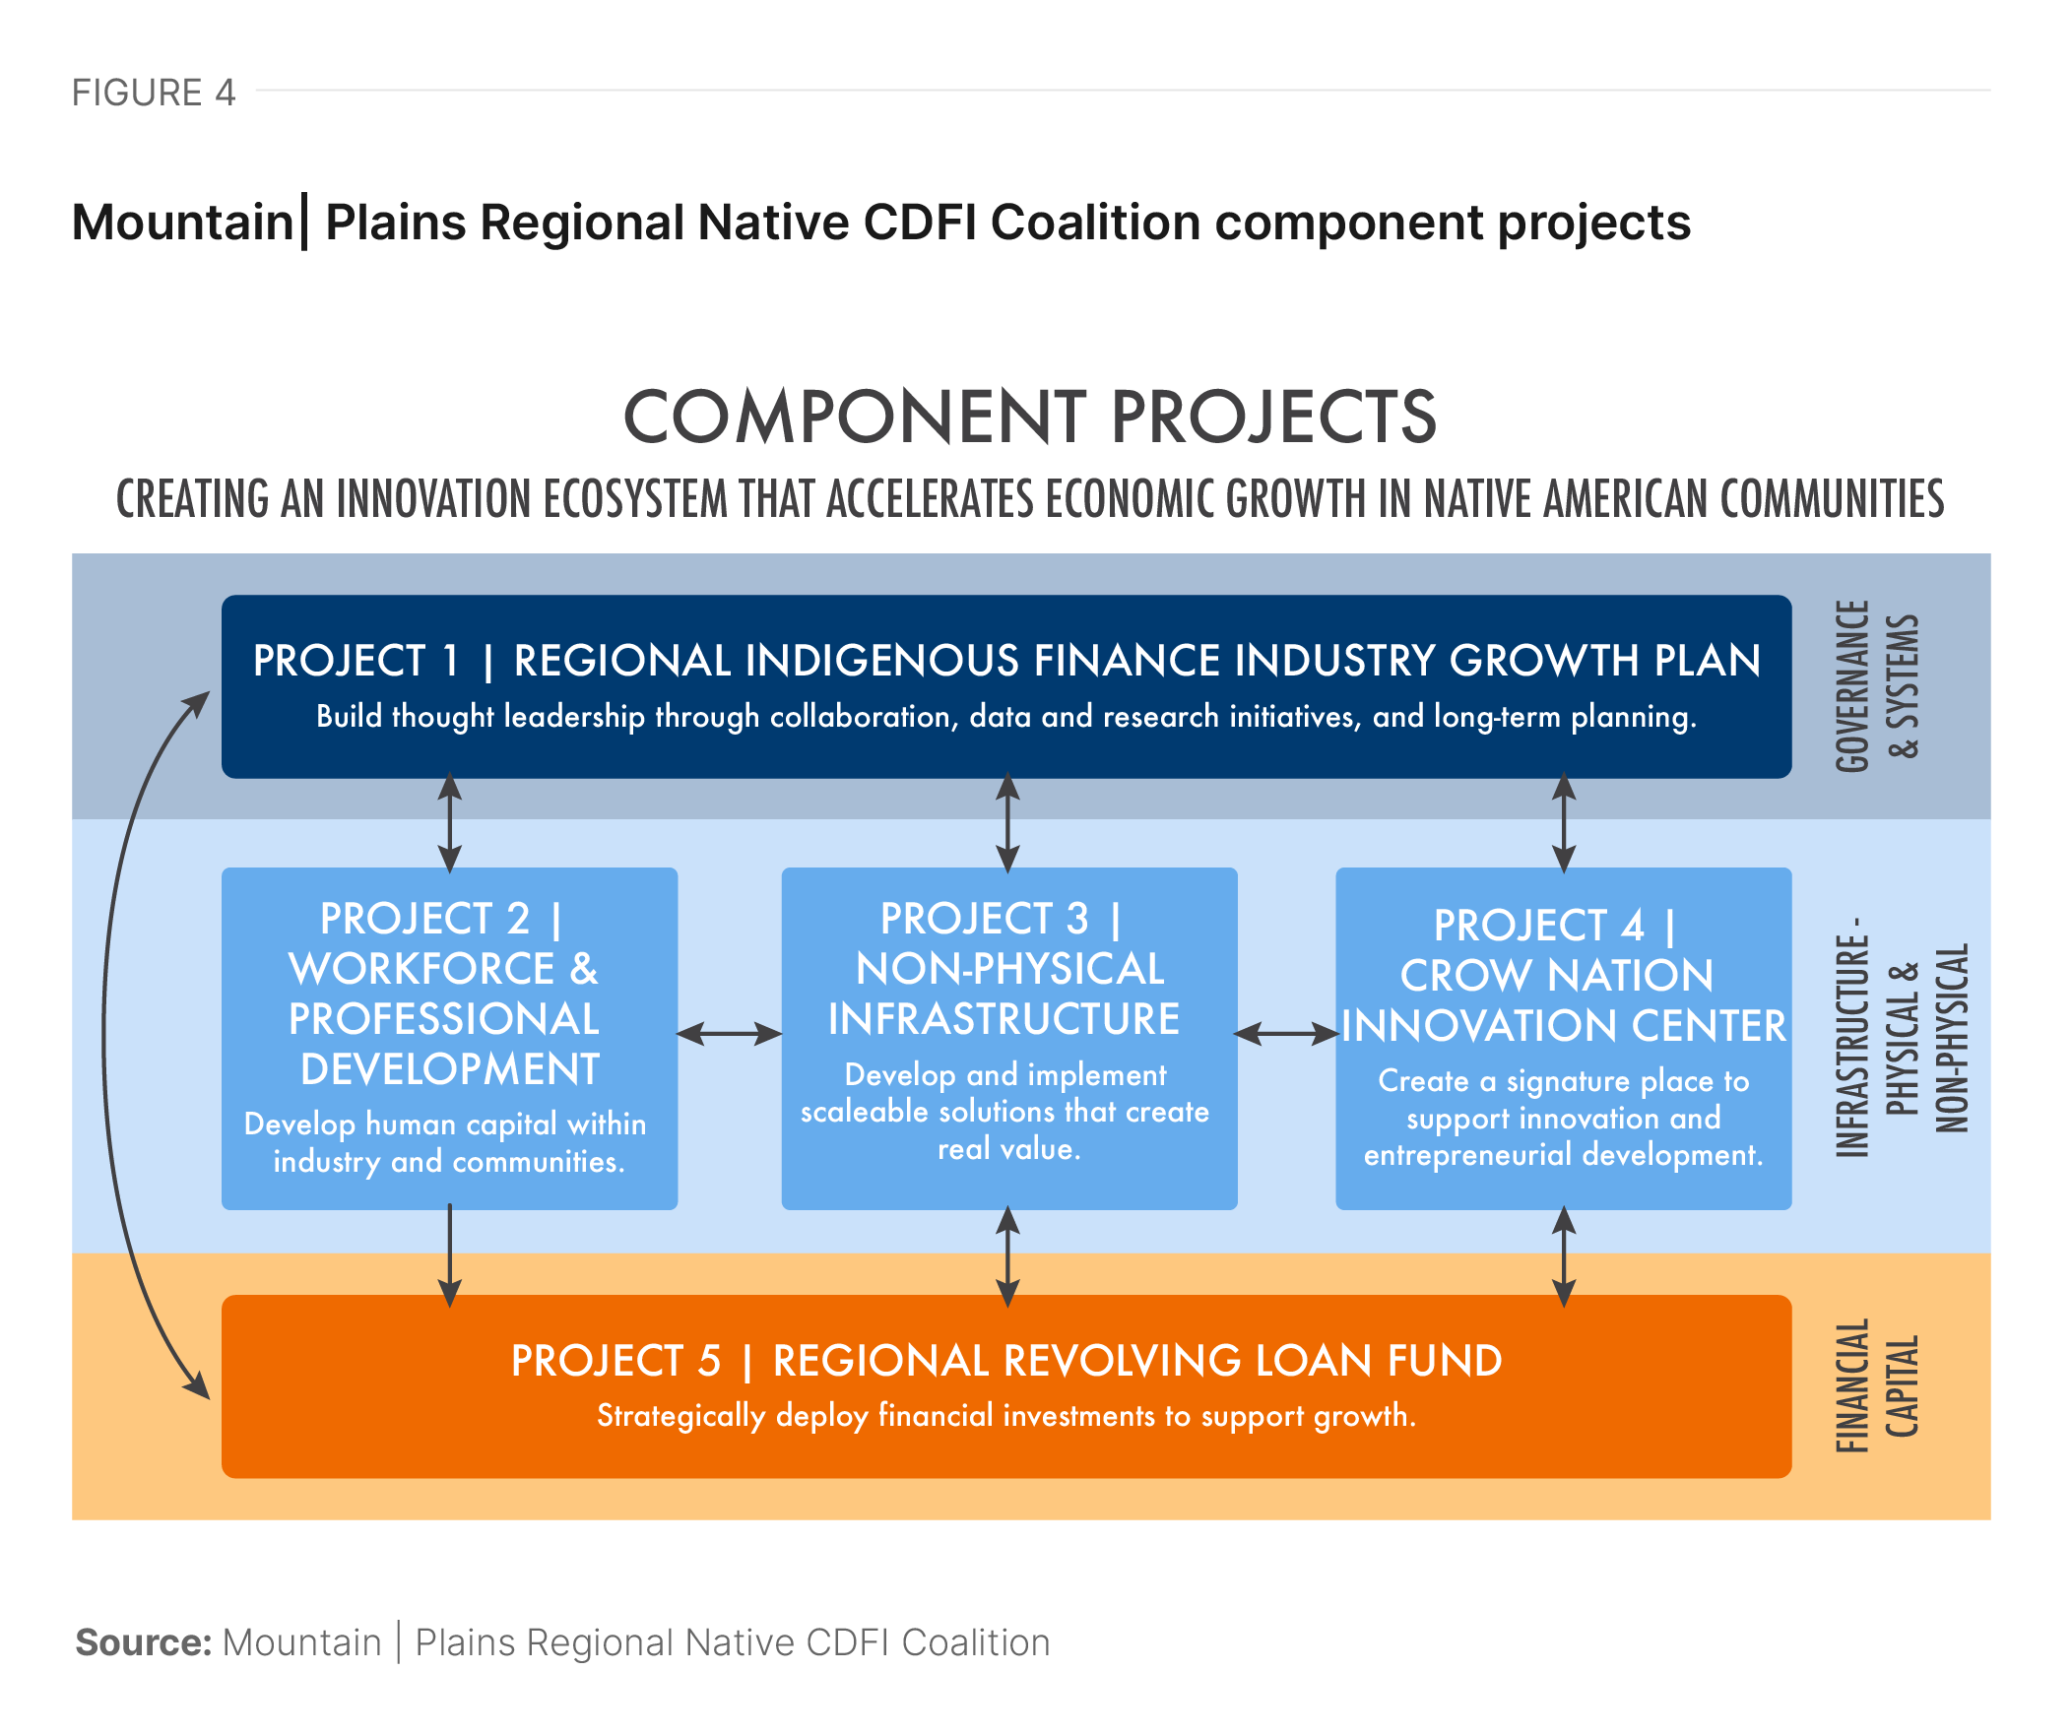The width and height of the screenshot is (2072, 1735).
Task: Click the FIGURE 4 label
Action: coord(153,93)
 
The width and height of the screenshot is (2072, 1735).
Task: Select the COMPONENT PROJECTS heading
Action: coord(1029,417)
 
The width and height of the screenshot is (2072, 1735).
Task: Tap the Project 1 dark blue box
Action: coord(1005,686)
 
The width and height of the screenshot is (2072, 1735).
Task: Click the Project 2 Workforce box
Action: coord(449,1038)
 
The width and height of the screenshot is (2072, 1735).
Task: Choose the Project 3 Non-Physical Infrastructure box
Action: coord(1008,1038)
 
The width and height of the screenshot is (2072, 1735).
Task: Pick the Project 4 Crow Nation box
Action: coord(1563,1038)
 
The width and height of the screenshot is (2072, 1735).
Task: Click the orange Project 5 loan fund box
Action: coord(1005,1385)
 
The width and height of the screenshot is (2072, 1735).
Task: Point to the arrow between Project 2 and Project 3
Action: coord(729,1034)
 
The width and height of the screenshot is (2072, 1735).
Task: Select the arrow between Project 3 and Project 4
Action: coord(1285,1034)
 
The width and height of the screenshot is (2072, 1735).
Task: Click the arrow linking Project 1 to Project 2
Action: coord(450,822)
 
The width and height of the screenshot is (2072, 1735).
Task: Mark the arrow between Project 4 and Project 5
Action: coord(1564,1254)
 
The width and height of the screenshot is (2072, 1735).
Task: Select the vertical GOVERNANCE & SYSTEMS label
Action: coord(1877,686)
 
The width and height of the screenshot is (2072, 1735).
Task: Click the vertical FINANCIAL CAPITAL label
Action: coord(1877,1385)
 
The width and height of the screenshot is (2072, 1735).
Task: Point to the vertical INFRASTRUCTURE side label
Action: coord(1901,1038)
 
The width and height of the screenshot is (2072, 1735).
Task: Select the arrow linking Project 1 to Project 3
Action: coord(1007,822)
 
